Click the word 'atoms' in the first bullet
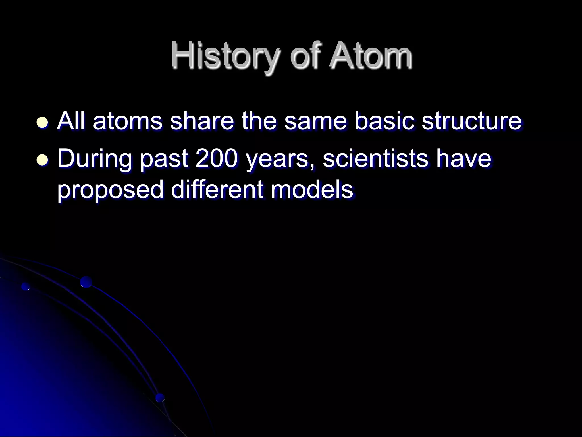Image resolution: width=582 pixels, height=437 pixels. (128, 122)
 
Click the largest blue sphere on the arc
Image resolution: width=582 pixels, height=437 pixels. (86, 282)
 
